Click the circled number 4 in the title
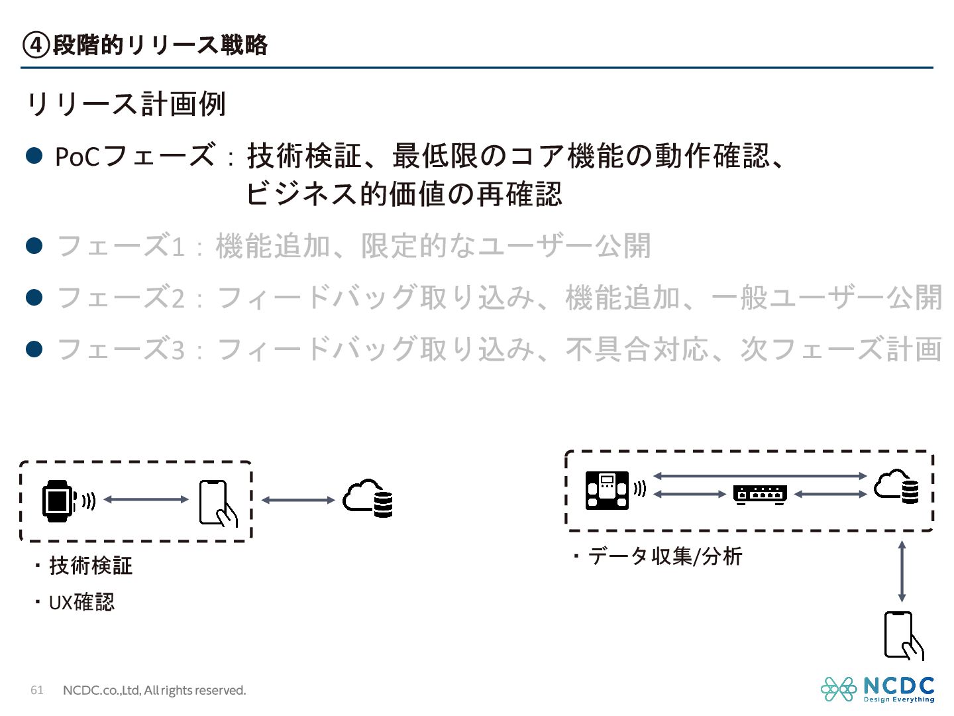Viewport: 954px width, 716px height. point(36,45)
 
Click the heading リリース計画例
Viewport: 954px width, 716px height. point(126,104)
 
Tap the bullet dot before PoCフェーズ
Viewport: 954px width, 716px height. point(34,156)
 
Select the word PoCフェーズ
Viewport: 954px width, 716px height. point(134,156)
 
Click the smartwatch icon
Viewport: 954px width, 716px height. point(58,501)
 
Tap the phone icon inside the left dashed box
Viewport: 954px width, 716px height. point(217,503)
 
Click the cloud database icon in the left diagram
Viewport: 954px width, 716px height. point(368,499)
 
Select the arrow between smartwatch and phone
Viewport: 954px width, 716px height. point(146,499)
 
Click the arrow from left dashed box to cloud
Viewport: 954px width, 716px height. point(298,500)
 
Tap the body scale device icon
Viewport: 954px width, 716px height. point(607,490)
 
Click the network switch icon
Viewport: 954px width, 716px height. point(760,494)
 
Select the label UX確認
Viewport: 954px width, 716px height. point(81,603)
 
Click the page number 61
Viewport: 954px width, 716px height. point(37,690)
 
